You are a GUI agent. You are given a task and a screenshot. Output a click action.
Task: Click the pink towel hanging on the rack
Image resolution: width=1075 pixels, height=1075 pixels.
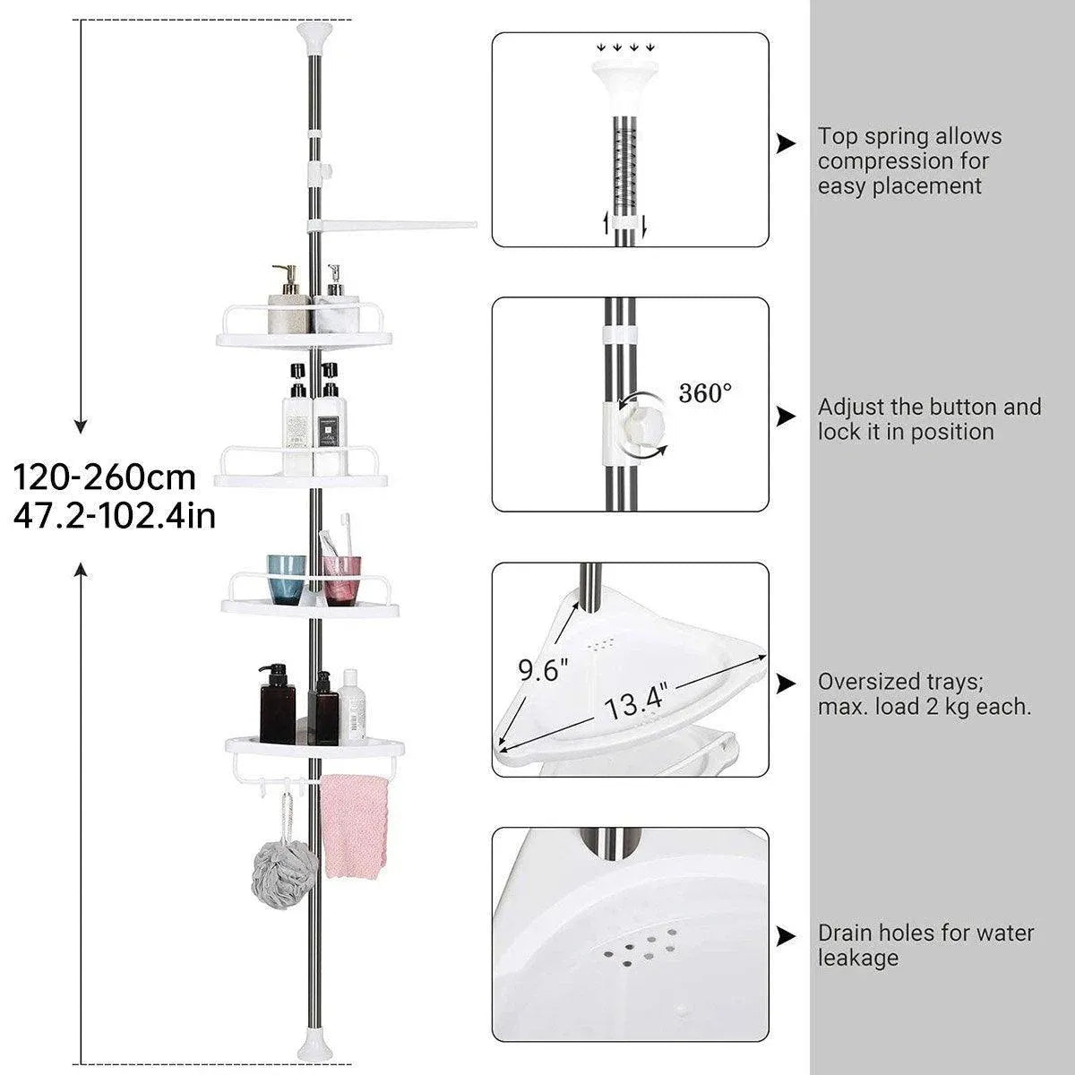353,826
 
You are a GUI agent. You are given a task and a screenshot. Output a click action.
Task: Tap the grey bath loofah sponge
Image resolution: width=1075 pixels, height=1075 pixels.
285,873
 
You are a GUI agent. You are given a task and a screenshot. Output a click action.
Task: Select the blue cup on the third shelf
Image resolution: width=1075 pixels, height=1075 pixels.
286,579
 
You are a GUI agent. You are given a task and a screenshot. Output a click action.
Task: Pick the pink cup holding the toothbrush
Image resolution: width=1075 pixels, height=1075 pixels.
341,580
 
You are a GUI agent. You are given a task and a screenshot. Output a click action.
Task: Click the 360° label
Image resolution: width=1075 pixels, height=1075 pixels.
705,393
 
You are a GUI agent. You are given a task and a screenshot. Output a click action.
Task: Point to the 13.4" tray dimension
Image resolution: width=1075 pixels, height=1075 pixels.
636,702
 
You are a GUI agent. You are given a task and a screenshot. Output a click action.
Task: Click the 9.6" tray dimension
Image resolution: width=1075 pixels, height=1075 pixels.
543,669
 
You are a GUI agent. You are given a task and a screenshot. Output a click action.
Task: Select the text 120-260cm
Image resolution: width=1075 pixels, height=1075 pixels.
104,477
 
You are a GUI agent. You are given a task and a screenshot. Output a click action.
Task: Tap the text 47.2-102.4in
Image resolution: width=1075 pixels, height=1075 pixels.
115,517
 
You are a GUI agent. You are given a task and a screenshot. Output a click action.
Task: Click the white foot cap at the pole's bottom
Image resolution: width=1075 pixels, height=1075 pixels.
315,1051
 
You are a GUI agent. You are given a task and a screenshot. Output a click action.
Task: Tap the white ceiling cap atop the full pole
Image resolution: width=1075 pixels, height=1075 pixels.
315,37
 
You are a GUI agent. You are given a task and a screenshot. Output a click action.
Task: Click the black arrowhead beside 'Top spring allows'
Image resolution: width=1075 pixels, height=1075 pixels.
786,144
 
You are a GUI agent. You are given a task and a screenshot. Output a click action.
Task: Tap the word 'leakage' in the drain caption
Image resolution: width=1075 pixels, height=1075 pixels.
858,959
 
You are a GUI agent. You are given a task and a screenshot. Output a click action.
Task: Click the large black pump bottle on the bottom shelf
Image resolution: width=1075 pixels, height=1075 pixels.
277,703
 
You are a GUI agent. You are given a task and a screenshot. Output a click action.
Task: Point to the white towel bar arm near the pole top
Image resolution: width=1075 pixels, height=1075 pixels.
391,226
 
